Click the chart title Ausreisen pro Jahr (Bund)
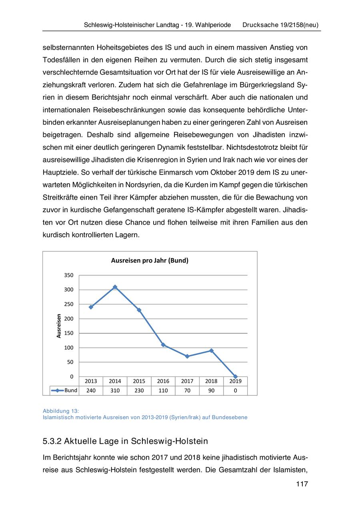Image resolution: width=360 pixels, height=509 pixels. click(150, 261)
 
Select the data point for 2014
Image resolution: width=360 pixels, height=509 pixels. click(115, 287)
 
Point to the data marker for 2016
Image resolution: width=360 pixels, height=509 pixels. click(163, 345)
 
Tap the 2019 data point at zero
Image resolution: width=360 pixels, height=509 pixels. click(235, 377)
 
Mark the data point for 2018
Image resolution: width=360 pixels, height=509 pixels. click(211, 351)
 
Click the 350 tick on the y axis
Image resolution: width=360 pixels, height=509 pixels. click(69, 275)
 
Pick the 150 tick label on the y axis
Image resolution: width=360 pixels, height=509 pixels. click(69, 333)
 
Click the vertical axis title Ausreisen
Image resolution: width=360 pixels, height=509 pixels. click(59, 326)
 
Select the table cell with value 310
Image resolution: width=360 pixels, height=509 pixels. click(115, 391)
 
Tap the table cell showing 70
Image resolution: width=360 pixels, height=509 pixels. click(187, 391)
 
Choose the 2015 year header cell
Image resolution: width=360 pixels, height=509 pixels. click(139, 381)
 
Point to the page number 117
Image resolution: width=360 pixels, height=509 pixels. click(302, 485)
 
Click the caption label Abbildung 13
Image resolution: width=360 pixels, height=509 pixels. click(61, 411)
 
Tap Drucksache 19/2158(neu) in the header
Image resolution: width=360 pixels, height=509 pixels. click(280, 25)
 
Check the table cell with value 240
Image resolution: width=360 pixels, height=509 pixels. click(91, 391)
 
